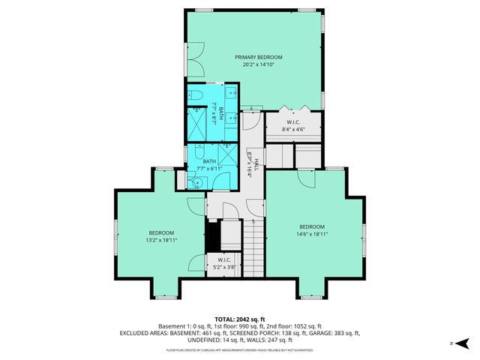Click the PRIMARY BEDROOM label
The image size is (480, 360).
tap(258, 57)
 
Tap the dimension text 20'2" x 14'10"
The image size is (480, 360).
tap(258, 65)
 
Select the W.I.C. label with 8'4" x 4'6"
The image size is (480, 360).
tap(293, 122)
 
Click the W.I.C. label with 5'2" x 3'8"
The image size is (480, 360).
tap(225, 261)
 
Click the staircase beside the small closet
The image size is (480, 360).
tap(255, 247)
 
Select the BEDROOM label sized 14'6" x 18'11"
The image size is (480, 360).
tap(312, 226)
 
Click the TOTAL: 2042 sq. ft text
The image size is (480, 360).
tap(239, 319)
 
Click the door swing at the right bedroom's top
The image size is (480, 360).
tap(306, 177)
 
